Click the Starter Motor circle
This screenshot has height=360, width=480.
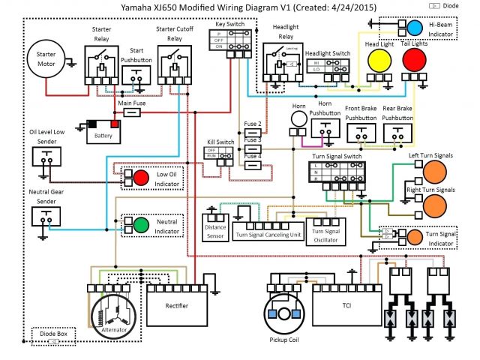[x=46, y=59]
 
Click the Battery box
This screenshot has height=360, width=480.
[x=103, y=132]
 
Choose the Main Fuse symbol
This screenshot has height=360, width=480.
[x=132, y=112]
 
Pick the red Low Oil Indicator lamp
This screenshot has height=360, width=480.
[x=141, y=176]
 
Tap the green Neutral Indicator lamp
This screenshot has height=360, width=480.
[x=141, y=224]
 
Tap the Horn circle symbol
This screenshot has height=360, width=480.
[x=298, y=119]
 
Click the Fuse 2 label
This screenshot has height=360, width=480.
[x=253, y=123]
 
